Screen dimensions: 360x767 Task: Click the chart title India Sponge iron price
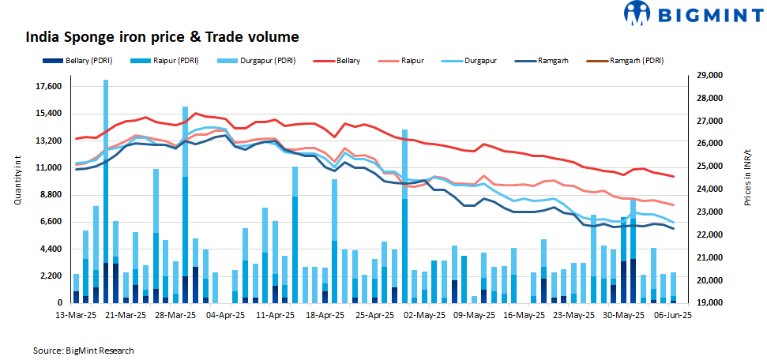pos(162,36)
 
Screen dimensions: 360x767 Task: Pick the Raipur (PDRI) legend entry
pos(171,60)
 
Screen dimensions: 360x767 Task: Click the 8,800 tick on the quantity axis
pos(49,194)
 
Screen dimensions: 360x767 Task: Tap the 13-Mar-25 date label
pos(75,314)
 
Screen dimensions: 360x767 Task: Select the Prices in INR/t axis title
pos(747,178)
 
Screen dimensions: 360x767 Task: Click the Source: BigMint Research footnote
pos(83,350)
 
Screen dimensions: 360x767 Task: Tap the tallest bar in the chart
pos(106,189)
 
